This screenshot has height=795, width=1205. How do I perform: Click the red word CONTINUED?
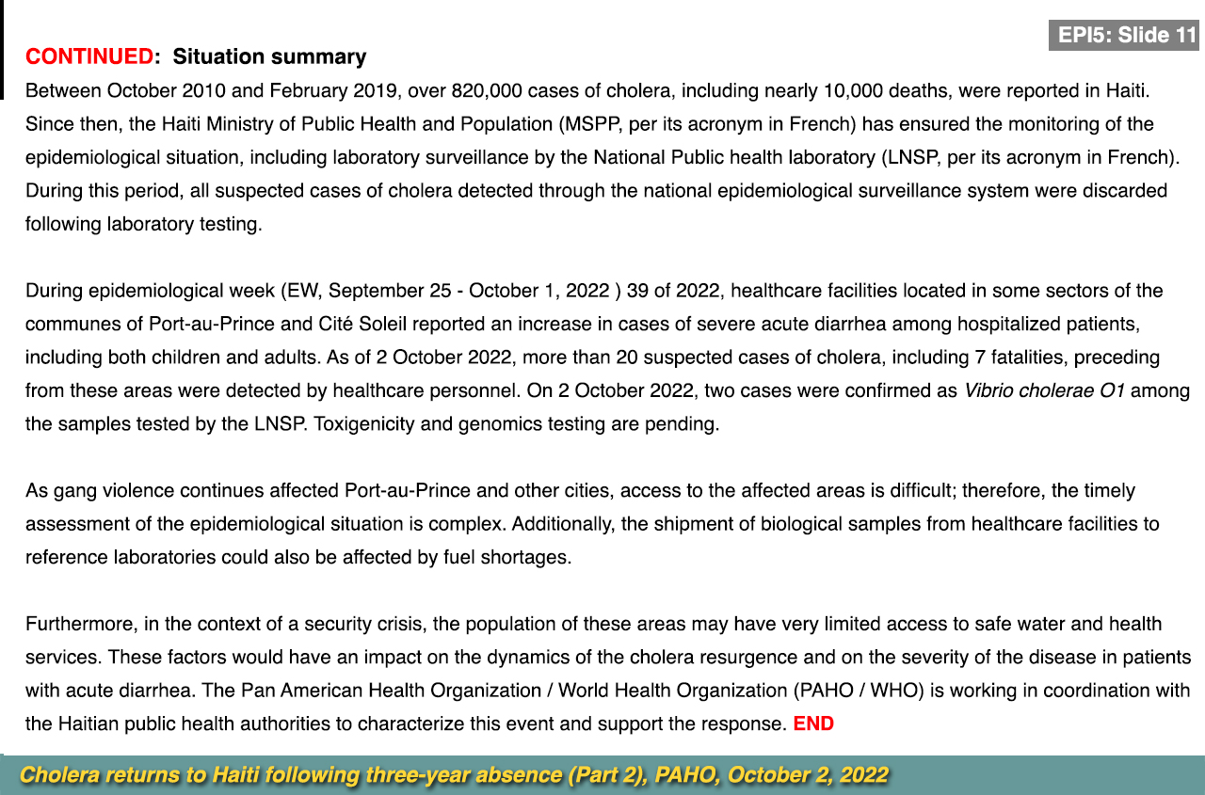coord(89,56)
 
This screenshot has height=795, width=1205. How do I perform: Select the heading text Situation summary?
coord(269,56)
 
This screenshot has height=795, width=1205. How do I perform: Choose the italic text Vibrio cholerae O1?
coord(1044,390)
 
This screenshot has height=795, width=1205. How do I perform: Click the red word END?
coord(813,724)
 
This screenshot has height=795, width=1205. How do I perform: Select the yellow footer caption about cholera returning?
coord(454,775)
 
